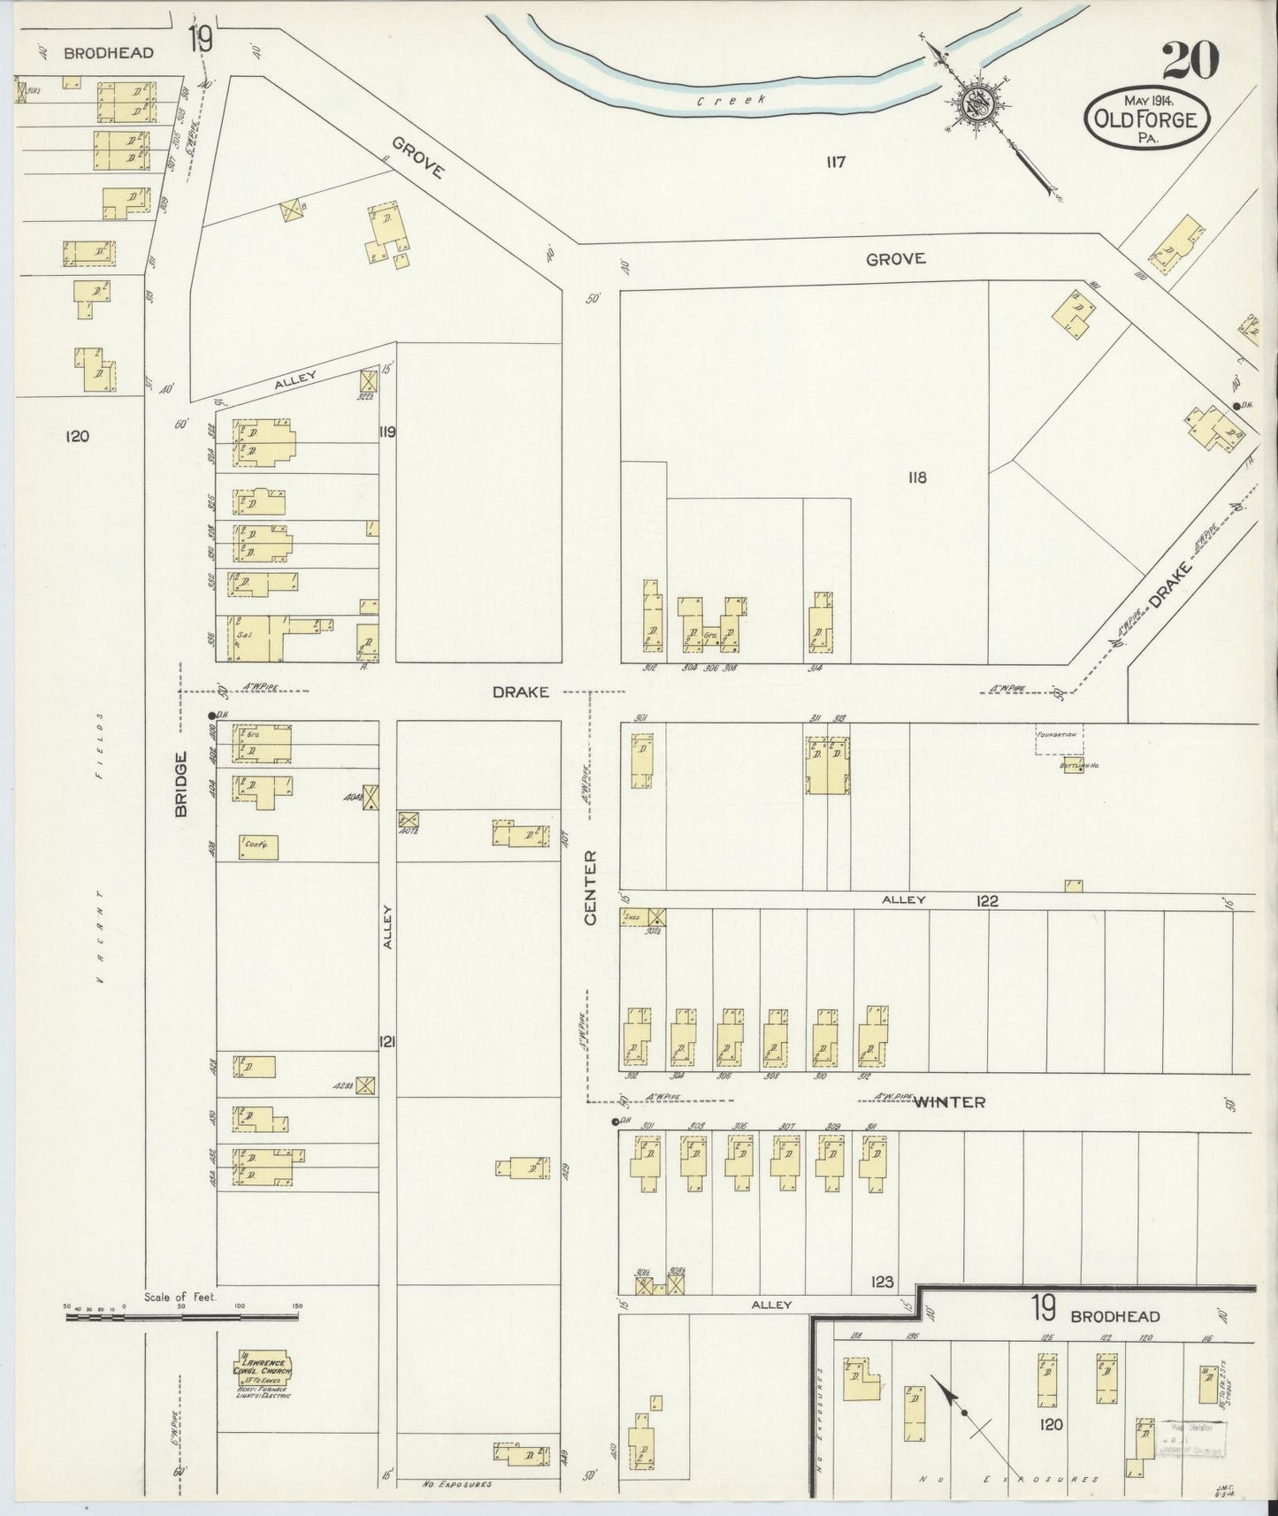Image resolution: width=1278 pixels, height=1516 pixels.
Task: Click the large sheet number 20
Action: [x=1190, y=60]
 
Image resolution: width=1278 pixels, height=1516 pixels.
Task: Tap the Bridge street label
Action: [x=183, y=783]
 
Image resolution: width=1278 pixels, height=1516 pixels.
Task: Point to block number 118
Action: [x=916, y=478]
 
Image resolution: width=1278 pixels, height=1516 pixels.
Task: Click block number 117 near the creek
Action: [x=836, y=162]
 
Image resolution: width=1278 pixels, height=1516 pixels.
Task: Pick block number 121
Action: [x=387, y=1041]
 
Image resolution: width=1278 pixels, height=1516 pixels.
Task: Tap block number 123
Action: [x=882, y=1281]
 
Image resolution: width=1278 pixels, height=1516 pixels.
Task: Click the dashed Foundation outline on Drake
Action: [x=1060, y=739]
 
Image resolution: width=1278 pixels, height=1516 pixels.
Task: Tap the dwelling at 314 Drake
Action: [x=821, y=626]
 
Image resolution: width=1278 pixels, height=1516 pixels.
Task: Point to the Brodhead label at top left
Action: [x=109, y=52]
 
